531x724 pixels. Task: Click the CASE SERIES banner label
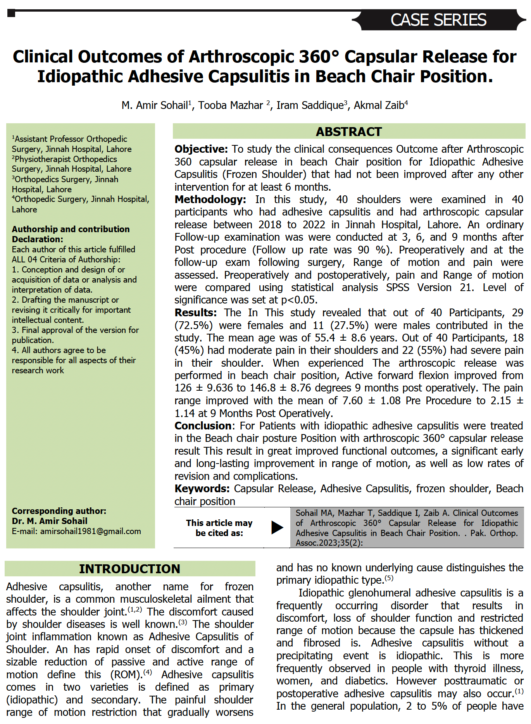coord(438,20)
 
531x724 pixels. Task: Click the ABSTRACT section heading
coord(348,132)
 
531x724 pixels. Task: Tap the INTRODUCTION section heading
coord(129,569)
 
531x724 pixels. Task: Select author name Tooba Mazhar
coord(231,105)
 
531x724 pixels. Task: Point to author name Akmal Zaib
coord(379,105)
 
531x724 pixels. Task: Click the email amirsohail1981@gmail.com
coord(90,531)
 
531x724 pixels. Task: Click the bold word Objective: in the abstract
coord(201,149)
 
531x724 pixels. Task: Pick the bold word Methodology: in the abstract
coord(210,200)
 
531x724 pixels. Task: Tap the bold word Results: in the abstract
coord(195,313)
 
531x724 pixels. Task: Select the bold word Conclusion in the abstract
coord(203,426)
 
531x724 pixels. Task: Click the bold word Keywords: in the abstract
coord(202,489)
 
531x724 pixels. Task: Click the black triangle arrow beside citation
coord(277,527)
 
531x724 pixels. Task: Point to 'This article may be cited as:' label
coord(219,528)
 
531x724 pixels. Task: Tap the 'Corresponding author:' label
coord(59,511)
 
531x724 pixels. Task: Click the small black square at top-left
coord(11,13)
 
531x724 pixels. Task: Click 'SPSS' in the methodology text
coord(397,288)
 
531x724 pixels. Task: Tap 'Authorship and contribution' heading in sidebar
coord(71,229)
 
